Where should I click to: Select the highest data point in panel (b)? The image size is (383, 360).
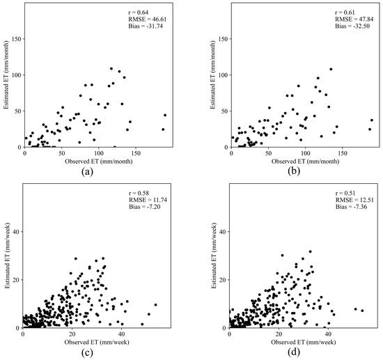(x=331, y=69)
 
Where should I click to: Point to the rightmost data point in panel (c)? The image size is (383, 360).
(x=155, y=304)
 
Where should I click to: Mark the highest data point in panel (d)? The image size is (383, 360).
(x=311, y=251)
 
